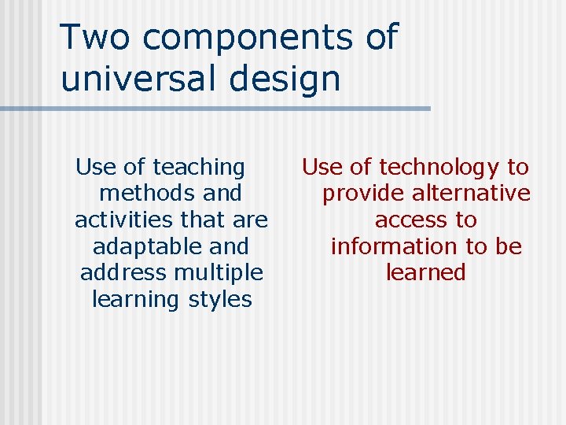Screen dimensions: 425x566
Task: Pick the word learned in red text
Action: coord(426,273)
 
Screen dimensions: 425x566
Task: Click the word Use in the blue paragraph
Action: coord(96,168)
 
